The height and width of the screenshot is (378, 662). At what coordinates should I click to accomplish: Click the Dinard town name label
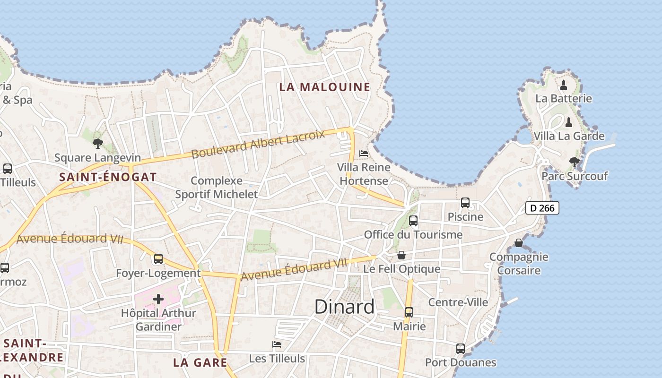point(344,307)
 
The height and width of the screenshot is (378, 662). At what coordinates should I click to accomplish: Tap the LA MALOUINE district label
point(324,87)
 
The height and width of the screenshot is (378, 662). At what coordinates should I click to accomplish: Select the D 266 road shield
point(542,208)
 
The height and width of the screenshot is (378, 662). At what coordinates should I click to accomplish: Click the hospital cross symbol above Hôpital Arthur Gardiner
point(158,299)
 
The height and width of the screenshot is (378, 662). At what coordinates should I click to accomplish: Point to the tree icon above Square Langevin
point(98,143)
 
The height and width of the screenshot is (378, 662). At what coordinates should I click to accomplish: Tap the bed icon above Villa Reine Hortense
point(364,154)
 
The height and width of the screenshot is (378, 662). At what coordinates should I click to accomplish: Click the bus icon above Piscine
point(465,203)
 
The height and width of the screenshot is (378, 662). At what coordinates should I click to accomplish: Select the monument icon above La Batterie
point(564,85)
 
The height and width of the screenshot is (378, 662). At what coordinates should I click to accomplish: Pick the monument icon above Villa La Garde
point(569,122)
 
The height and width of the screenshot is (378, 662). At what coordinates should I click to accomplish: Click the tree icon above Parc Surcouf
point(575,162)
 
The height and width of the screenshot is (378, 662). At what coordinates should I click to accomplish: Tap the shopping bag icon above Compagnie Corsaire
point(519,243)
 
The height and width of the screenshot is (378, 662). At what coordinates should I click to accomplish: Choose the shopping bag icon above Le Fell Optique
point(401,255)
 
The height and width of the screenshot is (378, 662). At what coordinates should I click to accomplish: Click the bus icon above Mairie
point(409,312)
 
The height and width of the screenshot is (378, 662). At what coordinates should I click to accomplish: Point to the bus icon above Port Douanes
point(461,349)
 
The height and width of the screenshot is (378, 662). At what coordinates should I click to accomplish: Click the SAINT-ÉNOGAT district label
point(108,177)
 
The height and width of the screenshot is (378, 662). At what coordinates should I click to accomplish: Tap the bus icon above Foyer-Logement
point(158,259)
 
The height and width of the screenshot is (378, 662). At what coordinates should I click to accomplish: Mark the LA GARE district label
point(200,362)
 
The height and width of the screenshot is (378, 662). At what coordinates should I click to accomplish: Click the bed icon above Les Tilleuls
point(277,344)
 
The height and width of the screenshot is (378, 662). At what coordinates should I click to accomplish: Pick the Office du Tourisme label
point(413,235)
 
